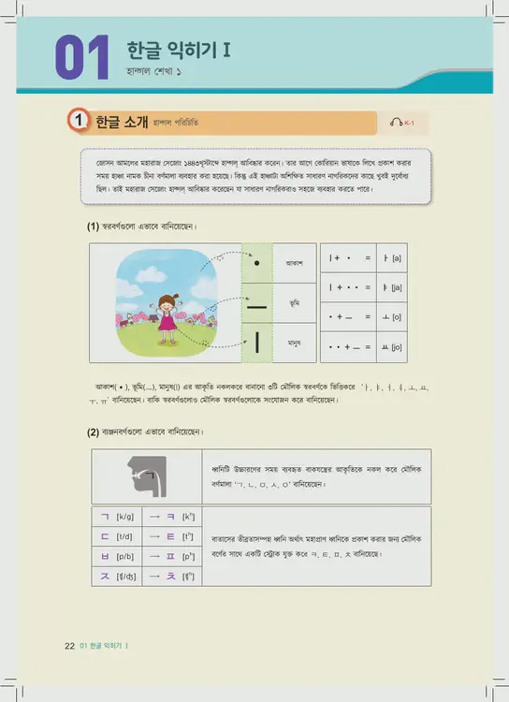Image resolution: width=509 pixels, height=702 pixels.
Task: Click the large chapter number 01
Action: click(x=82, y=58)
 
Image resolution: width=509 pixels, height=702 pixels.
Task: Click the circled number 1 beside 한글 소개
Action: click(x=79, y=121)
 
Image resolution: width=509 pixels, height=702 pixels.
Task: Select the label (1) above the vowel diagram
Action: click(x=93, y=227)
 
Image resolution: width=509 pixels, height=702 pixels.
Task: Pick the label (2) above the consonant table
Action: click(x=93, y=432)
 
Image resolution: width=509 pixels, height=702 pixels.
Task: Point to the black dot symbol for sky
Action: click(x=256, y=263)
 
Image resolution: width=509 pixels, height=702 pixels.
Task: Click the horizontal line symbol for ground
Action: click(x=256, y=304)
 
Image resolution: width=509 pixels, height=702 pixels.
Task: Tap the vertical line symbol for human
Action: click(x=256, y=344)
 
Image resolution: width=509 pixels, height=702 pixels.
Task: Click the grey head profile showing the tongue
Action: click(x=143, y=477)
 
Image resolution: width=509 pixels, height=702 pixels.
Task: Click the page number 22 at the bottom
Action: click(x=69, y=647)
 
